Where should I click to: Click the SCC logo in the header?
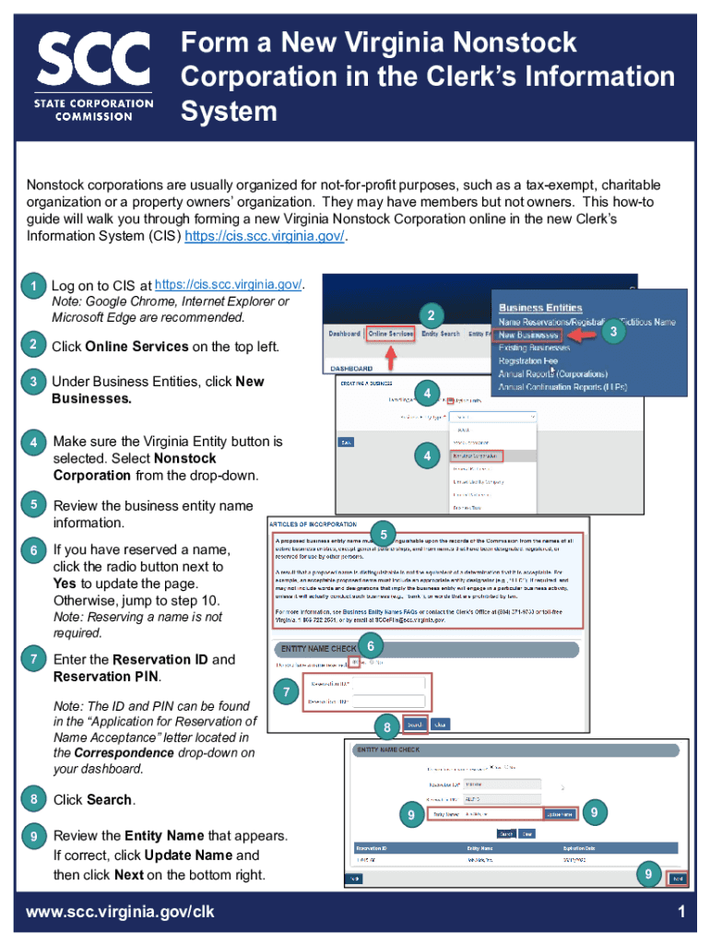[x=96, y=77]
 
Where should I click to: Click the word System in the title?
[x=229, y=112]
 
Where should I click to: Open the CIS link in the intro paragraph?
[x=266, y=236]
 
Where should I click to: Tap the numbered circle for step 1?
[x=33, y=287]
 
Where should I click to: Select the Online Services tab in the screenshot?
[x=390, y=334]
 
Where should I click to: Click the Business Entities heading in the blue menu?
[x=540, y=307]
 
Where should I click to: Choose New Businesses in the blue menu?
[x=528, y=335]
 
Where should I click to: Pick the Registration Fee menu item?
[x=529, y=361]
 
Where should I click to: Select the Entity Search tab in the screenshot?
[x=440, y=334]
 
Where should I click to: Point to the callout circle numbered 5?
[x=384, y=533]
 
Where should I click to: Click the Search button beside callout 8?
[x=415, y=724]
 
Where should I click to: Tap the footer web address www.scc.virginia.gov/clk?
[x=121, y=912]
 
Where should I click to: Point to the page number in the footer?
[x=680, y=912]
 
